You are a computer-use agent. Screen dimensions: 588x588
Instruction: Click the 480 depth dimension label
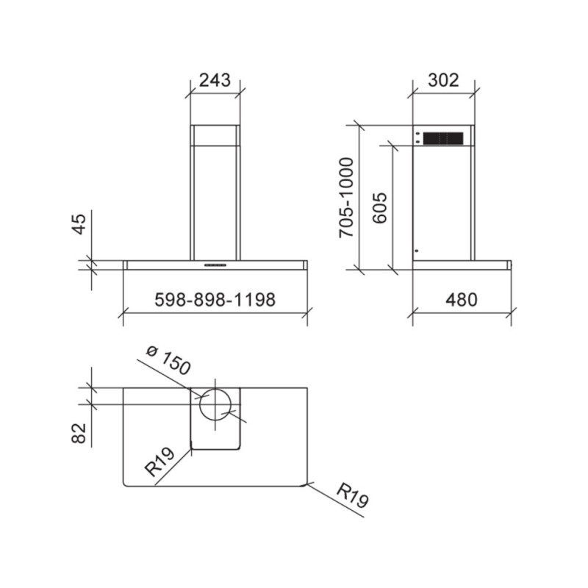point(461,300)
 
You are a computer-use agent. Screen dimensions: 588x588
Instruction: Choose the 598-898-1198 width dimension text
point(215,300)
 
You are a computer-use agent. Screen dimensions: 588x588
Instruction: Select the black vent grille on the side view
point(443,137)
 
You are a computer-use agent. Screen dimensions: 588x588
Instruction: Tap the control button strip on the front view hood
point(215,262)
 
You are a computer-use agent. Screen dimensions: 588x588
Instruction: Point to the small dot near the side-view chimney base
point(416,251)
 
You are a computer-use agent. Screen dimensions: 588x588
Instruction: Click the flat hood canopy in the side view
point(461,262)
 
